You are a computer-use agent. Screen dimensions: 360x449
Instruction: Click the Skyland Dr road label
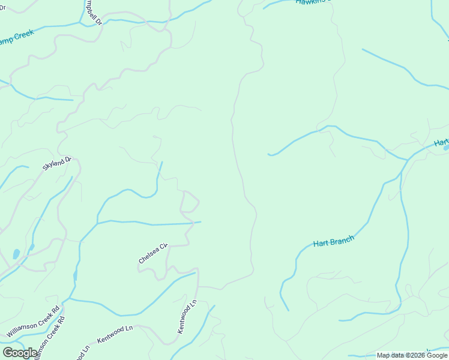coord(57,163)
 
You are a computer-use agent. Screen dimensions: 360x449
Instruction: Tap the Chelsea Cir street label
coord(152,253)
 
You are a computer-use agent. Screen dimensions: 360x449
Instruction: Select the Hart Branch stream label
coord(334,241)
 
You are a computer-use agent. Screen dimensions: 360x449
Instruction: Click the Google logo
coord(20,353)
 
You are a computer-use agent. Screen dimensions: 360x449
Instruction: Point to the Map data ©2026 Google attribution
coord(412,355)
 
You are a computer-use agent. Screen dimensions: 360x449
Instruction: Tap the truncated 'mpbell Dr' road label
coord(93,10)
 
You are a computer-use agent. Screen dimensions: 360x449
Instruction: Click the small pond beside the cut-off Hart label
coord(445,148)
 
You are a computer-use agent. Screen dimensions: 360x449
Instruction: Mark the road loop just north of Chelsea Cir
coord(190,202)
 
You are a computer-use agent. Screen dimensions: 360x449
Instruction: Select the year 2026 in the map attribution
coord(418,355)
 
